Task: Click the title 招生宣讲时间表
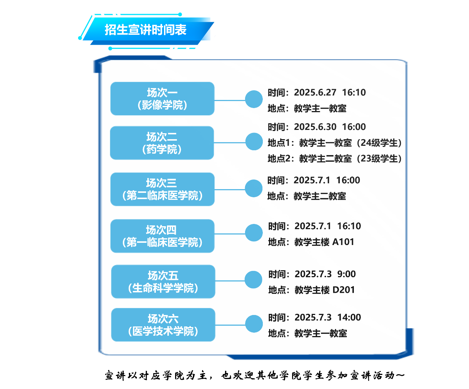coord(145,30)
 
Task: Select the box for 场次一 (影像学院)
coord(162,98)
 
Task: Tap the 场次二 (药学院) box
coord(162,143)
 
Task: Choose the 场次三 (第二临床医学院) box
coord(162,189)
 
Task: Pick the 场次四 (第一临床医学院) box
coord(162,236)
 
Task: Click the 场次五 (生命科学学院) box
coord(163,281)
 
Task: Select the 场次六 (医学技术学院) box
coord(163,325)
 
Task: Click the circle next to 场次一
coord(254,99)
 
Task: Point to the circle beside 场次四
coord(254,233)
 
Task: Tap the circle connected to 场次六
coord(254,323)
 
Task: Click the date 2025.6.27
coord(315,93)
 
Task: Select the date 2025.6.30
coord(315,127)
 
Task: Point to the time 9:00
coord(346,274)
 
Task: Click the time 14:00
coord(349,317)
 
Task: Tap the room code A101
coord(343,242)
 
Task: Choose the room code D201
coord(344,290)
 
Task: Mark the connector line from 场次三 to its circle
coord(230,190)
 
